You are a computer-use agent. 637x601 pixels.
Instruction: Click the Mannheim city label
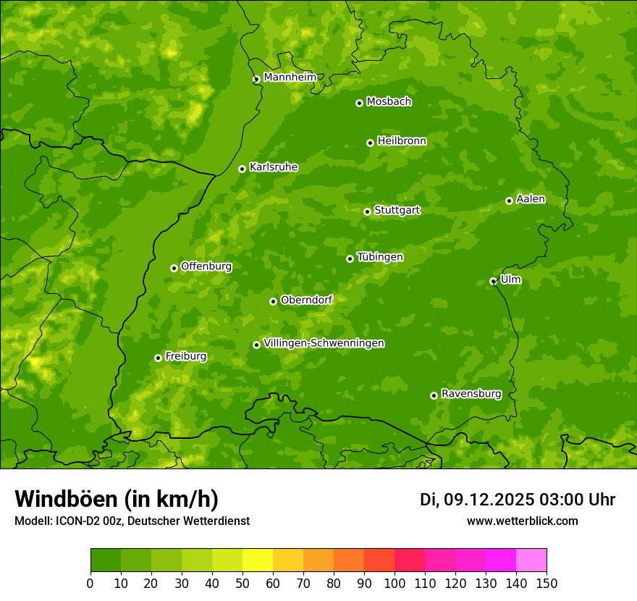click(290, 77)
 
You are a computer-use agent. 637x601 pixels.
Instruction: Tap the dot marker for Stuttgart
click(367, 211)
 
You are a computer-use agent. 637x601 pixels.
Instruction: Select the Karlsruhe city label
click(273, 167)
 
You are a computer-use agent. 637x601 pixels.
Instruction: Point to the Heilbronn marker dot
click(370, 143)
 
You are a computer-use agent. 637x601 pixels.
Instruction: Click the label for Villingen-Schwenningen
click(324, 343)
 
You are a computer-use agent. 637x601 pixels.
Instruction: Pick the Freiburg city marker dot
click(158, 358)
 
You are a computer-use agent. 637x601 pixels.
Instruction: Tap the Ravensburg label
click(471, 394)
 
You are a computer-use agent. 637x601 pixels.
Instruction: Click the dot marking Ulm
click(493, 281)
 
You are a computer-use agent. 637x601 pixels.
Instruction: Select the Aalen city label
click(531, 199)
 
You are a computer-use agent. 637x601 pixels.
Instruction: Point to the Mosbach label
click(388, 101)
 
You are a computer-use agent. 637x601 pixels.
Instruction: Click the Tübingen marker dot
click(350, 259)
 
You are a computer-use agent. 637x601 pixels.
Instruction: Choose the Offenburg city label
click(206, 266)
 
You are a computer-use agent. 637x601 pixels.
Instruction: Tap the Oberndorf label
click(306, 300)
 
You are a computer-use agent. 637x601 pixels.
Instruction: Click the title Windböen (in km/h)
click(117, 499)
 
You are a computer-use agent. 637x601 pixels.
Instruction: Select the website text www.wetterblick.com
click(522, 521)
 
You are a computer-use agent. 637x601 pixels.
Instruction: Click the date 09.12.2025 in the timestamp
click(489, 500)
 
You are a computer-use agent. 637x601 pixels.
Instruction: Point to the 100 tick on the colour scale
click(395, 583)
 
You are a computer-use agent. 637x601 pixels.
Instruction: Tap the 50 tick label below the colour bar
click(242, 583)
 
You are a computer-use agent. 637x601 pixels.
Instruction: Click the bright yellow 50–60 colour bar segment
click(258, 560)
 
